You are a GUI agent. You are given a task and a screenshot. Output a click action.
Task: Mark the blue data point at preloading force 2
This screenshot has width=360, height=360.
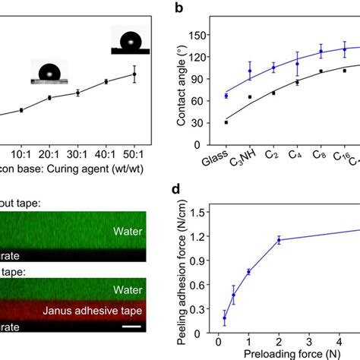(279, 240)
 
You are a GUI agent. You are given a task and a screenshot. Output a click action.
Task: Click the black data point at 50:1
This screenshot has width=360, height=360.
(134, 74)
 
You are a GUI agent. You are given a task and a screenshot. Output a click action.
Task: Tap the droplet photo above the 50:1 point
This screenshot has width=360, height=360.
(131, 39)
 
